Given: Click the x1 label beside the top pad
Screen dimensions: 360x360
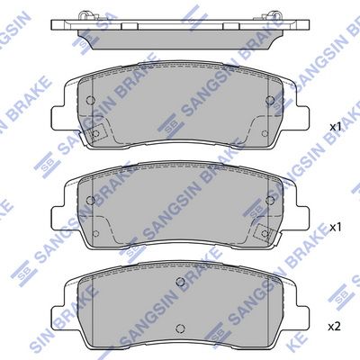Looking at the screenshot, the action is click(x=336, y=127).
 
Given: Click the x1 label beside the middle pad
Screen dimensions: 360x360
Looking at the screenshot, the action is click(x=336, y=228).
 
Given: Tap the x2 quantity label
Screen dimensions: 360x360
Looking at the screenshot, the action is click(x=335, y=327).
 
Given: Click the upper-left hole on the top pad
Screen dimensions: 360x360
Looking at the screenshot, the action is click(x=90, y=100).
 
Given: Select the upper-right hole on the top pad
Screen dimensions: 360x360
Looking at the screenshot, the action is click(x=270, y=100).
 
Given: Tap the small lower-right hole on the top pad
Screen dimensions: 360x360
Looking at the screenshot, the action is click(x=265, y=133).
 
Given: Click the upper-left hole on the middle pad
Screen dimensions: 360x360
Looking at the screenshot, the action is click(x=90, y=200).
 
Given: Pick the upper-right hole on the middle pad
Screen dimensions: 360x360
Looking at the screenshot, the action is click(x=270, y=200).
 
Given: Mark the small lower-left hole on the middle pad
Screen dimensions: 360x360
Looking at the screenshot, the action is click(x=95, y=233).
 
